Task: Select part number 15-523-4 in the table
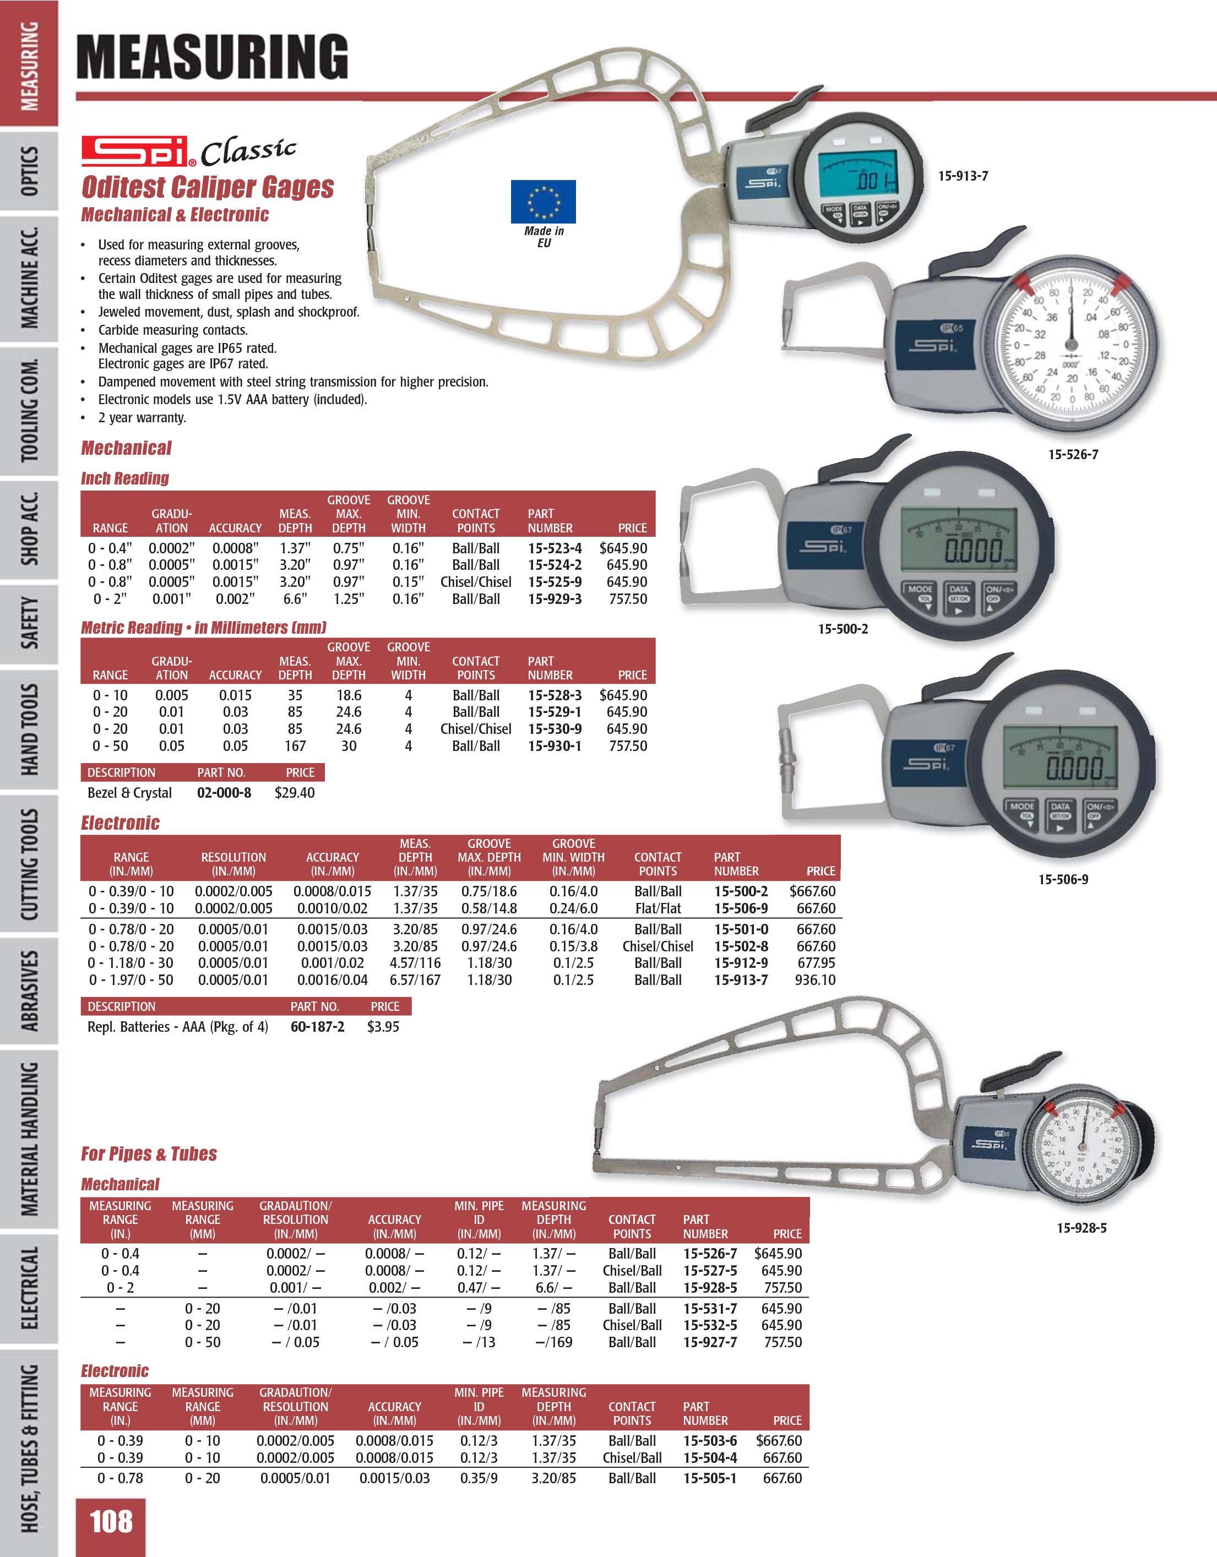(554, 548)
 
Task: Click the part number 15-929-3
(554, 600)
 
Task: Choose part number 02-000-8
(224, 793)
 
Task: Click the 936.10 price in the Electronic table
(814, 980)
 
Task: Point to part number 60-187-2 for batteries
(317, 1027)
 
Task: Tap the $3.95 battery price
(383, 1027)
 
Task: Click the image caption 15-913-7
(963, 176)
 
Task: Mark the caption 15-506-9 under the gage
(1062, 880)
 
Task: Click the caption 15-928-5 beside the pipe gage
(1081, 1228)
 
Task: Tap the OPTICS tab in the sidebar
(30, 172)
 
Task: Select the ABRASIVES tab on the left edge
(30, 990)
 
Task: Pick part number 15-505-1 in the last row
(709, 1479)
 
